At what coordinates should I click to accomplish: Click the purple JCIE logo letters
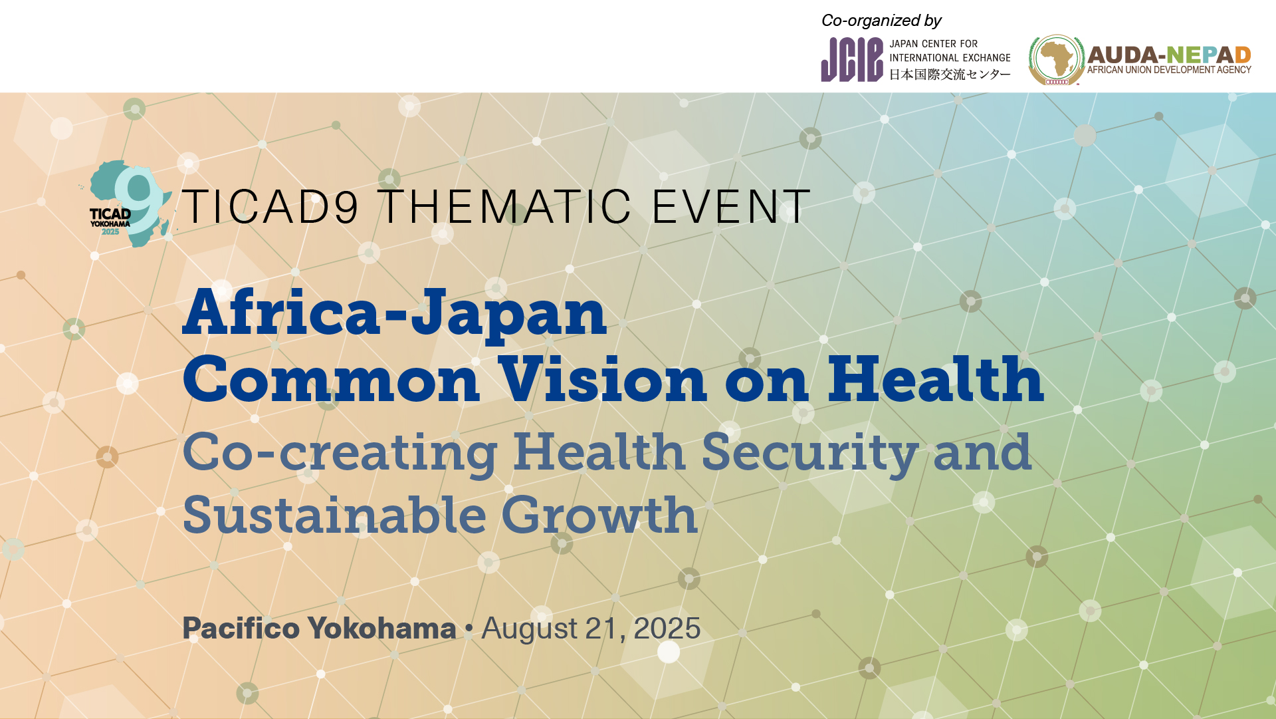tap(852, 60)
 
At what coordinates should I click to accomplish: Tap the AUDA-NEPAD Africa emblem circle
tap(1057, 60)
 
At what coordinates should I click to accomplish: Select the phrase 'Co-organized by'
tap(881, 21)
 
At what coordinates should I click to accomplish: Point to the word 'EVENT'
tap(731, 206)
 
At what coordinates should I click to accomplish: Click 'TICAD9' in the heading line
tap(270, 206)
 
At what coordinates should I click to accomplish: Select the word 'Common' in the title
tap(331, 379)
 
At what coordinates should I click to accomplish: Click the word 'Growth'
tap(599, 515)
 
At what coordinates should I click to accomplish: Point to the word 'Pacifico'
tap(241, 629)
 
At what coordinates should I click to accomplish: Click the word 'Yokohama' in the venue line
tap(382, 629)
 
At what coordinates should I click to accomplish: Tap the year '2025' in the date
tap(667, 629)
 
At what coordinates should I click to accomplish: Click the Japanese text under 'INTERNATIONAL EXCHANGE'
tap(950, 74)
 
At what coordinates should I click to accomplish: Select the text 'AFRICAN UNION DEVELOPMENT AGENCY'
tap(1169, 70)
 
